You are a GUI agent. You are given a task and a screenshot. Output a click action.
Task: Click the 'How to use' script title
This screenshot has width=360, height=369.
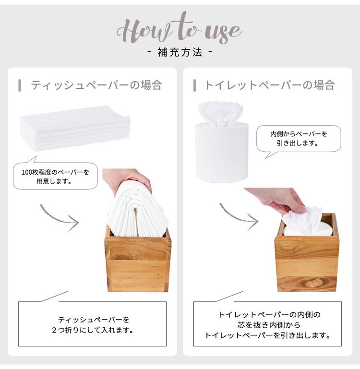[180, 28]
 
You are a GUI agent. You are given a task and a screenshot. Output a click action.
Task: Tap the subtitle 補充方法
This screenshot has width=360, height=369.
[180, 52]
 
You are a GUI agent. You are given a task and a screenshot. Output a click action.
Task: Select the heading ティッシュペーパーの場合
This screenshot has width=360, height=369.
[96, 85]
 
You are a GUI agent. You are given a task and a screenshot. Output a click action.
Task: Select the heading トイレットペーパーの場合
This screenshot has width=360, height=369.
[270, 85]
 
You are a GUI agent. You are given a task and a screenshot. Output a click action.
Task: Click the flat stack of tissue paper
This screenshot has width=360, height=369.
[75, 128]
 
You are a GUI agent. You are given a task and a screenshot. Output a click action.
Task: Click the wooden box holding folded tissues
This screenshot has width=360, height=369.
[138, 260]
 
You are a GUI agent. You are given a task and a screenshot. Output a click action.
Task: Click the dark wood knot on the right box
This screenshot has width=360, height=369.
[313, 283]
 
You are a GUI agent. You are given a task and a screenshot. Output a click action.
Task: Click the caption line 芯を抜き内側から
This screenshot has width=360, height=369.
[269, 325]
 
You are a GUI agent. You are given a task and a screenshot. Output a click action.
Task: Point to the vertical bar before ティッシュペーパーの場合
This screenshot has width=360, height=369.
[20, 85]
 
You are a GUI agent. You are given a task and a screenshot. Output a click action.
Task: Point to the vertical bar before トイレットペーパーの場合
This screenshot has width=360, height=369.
[194, 85]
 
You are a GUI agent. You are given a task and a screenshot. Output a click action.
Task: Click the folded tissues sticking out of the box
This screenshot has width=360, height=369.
[138, 209]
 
